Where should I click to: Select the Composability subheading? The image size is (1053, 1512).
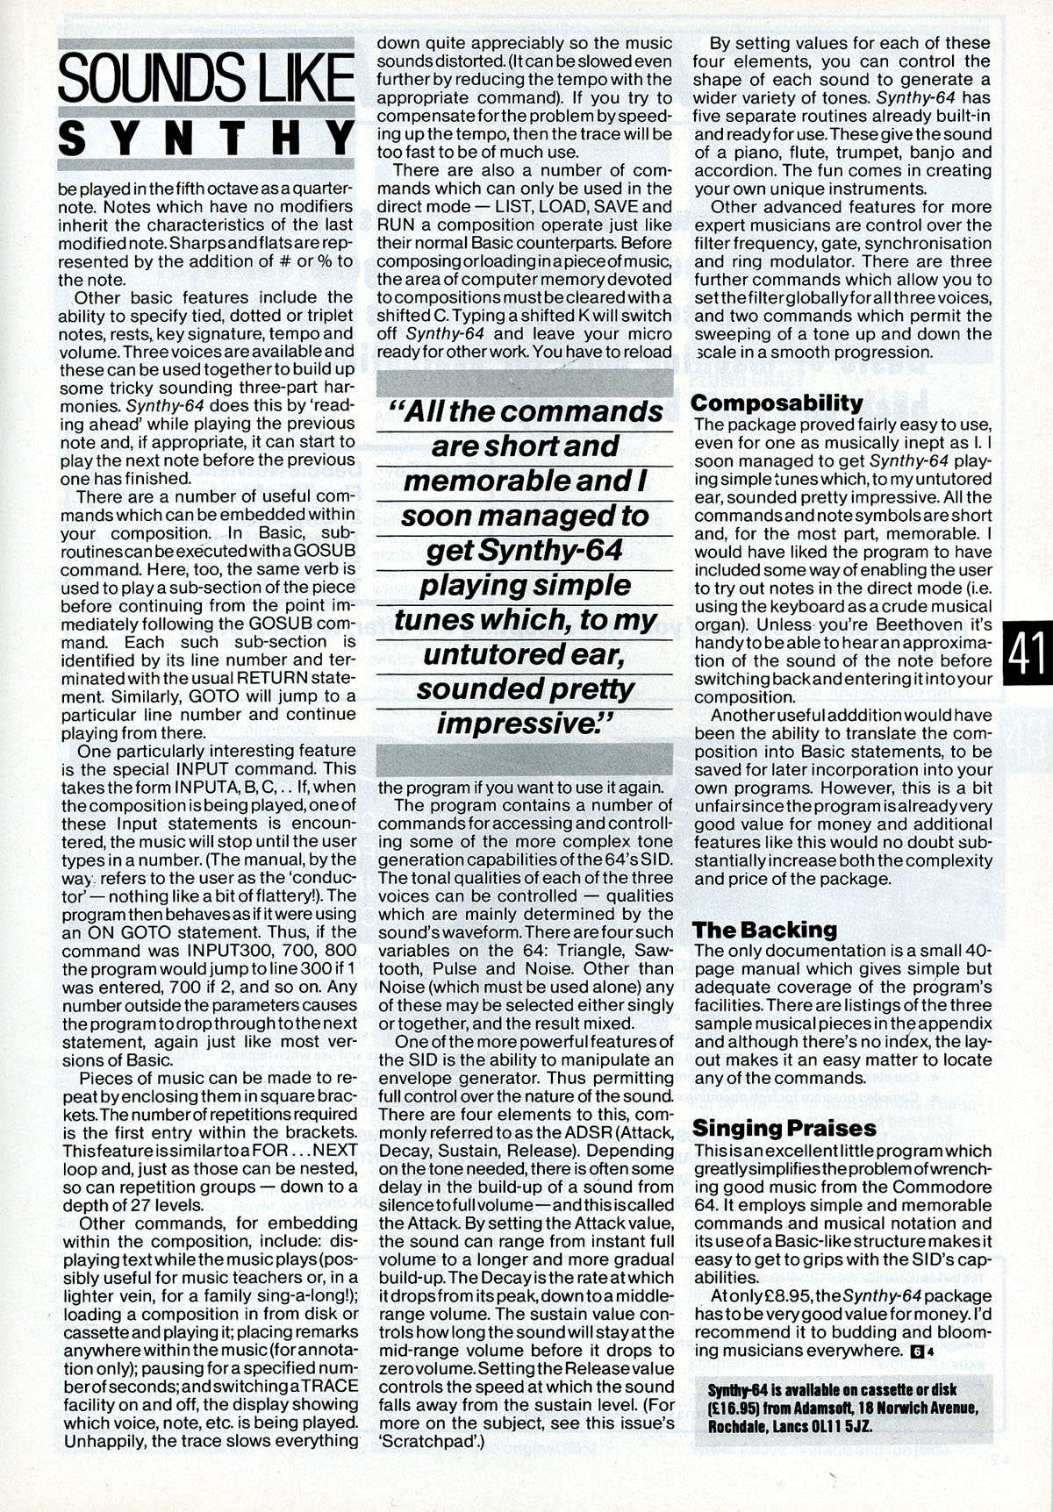click(x=777, y=403)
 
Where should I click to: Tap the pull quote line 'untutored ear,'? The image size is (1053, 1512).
click(x=525, y=654)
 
